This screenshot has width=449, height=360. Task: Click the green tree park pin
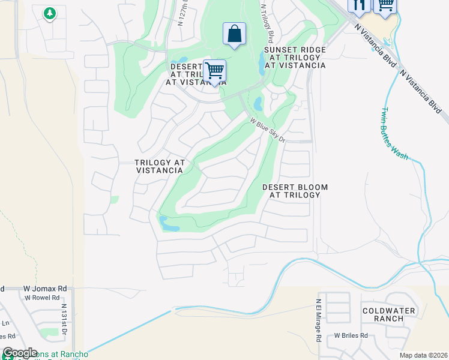click(50, 13)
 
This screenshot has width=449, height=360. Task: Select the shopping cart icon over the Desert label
click(214, 71)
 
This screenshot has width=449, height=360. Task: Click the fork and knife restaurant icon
click(359, 5)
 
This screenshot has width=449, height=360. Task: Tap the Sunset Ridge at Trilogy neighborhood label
click(295, 57)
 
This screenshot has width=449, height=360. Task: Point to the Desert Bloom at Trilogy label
click(295, 191)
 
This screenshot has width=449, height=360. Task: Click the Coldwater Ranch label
click(384, 314)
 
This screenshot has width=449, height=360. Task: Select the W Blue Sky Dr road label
click(267, 130)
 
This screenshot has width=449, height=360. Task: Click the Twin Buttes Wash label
click(393, 134)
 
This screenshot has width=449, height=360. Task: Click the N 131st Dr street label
click(64, 319)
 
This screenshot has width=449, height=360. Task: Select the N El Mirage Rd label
click(318, 320)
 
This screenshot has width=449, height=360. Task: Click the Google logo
click(20, 353)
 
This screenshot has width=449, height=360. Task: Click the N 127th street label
click(182, 13)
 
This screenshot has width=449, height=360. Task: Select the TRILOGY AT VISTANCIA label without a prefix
click(158, 167)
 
